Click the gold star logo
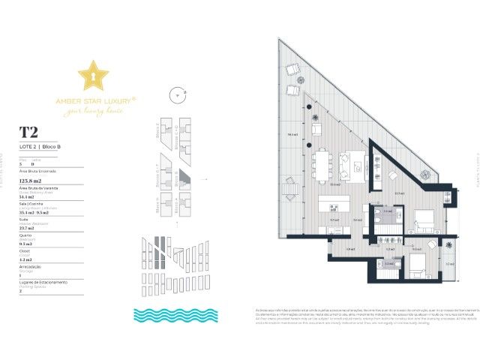tap(93, 76)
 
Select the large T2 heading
tap(29, 132)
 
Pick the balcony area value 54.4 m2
tap(29, 196)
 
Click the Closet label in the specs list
tap(25, 251)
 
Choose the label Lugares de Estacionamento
tap(43, 281)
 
